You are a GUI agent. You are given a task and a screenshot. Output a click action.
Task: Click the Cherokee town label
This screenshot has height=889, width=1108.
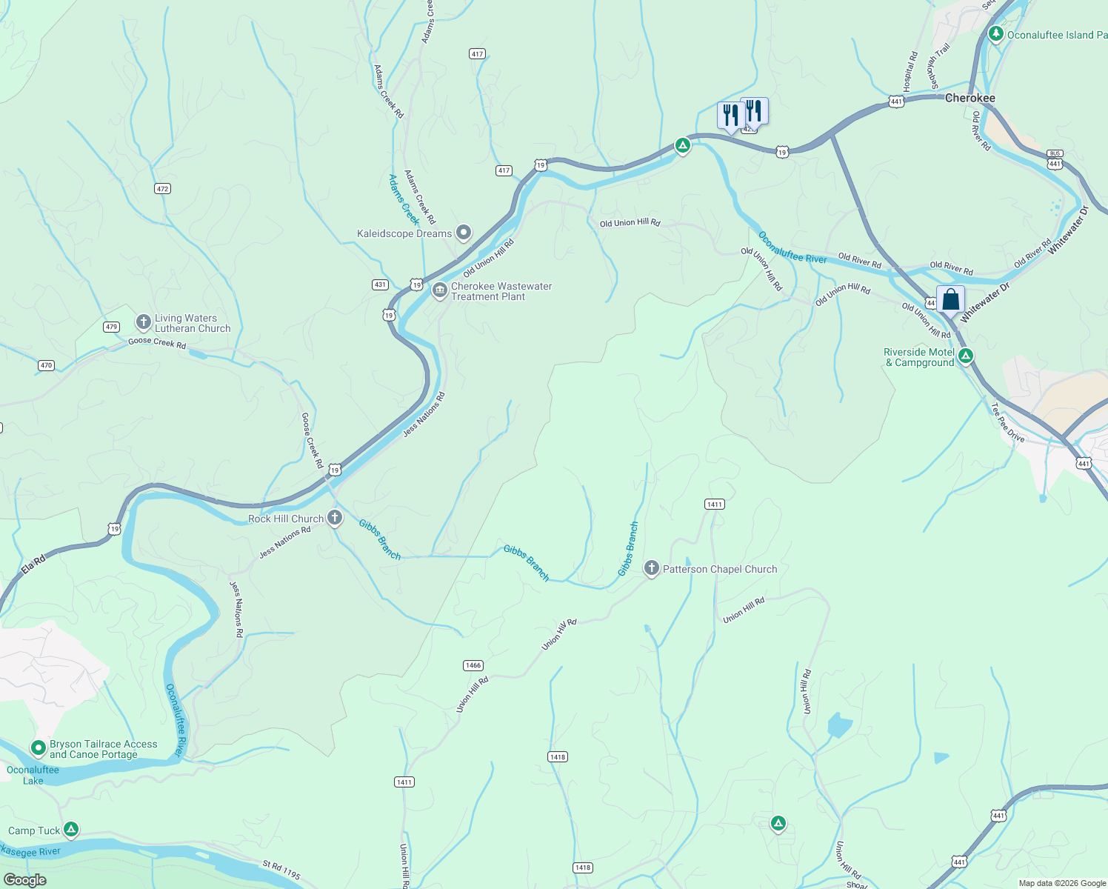coord(969,98)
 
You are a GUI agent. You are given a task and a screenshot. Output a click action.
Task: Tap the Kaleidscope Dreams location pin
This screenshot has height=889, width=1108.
coord(464,233)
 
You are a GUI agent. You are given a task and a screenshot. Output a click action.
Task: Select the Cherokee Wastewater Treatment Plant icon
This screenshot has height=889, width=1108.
coord(439,290)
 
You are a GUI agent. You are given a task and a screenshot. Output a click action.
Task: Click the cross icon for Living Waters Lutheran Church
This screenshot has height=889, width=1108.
coord(143,322)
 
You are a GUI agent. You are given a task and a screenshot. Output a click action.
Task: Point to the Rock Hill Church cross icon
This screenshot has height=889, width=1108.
coord(335,517)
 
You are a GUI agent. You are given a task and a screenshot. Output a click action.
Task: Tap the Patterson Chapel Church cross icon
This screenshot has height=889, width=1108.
coord(651,568)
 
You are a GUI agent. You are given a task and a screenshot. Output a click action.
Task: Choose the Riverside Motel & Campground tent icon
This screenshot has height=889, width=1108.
coord(965,356)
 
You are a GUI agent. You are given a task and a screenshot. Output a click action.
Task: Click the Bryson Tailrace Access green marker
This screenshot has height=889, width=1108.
coord(38,748)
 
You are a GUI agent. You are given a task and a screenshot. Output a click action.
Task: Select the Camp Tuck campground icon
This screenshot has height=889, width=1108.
coord(71,829)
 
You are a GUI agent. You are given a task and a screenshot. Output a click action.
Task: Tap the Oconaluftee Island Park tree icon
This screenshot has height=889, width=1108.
coord(995,34)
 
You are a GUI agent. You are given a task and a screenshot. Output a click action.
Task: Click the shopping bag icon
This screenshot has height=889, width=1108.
coord(950,300)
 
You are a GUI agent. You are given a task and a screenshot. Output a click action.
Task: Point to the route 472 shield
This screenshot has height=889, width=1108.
coord(163,189)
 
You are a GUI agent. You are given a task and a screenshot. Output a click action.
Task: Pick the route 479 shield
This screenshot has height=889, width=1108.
coord(111,327)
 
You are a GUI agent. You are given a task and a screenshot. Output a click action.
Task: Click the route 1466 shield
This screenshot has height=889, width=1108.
coord(473,665)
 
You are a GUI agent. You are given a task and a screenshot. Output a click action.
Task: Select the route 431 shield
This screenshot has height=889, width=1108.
coord(380,284)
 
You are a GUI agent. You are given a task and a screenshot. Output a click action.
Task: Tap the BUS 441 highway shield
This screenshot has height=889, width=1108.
coord(1055,159)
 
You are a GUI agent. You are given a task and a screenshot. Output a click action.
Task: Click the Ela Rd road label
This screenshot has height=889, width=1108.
coord(33,565)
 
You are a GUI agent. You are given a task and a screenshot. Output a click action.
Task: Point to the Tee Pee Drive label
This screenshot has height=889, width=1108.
coord(1008,422)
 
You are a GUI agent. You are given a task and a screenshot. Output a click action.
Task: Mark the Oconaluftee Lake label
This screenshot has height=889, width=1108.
coord(33,775)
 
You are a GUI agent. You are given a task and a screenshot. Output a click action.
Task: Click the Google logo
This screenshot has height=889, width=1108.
coord(24,879)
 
